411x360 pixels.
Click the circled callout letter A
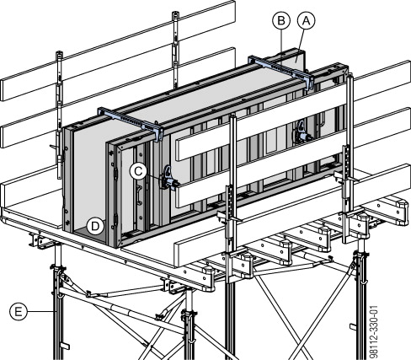pos(306,21)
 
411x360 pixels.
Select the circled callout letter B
pos(281,21)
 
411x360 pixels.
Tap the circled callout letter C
pos(138,171)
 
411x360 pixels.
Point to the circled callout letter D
pos(95,226)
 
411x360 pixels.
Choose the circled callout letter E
pos(19,312)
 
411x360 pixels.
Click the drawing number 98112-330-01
pos(375,331)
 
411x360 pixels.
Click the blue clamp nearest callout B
pos(280,72)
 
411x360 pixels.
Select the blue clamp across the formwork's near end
pos(131,122)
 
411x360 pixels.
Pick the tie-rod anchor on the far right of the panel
pos(302,132)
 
